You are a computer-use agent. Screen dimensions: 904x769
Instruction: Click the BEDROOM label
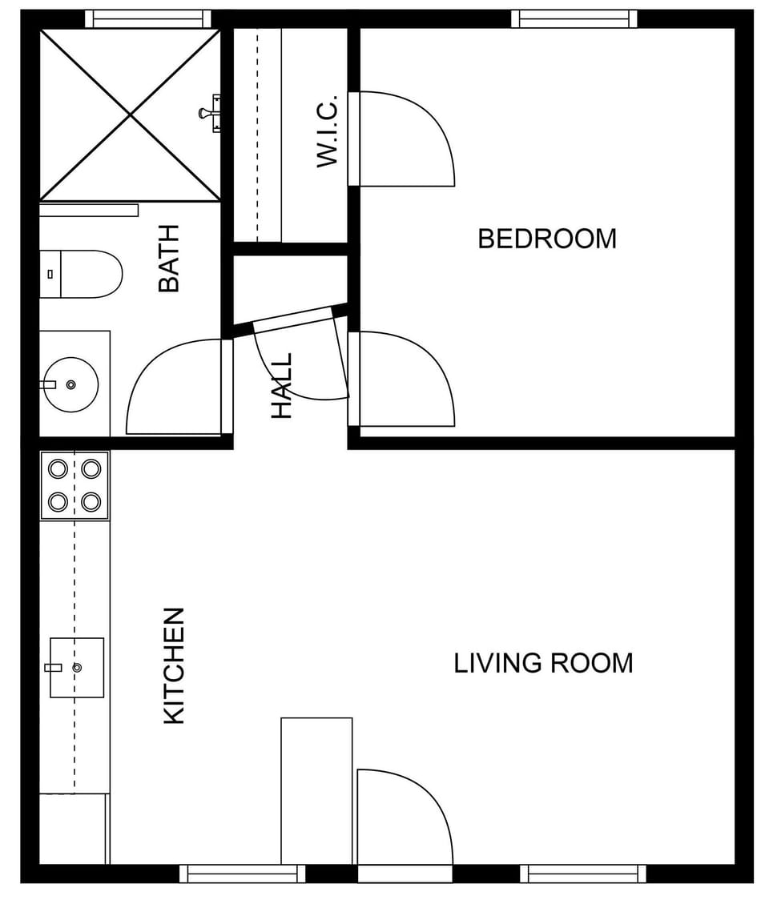pos(547,239)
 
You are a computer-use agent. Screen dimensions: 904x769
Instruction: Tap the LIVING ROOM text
pos(543,663)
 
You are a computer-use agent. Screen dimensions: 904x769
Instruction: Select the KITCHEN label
pos(174,666)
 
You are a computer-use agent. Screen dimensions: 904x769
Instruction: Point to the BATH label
pos(168,258)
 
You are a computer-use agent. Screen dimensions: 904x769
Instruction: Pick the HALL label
pos(282,386)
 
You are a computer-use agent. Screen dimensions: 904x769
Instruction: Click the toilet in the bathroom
pos(80,274)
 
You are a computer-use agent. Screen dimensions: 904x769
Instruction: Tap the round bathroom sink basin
pos(70,384)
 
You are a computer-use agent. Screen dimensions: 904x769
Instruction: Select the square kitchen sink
pos(77,667)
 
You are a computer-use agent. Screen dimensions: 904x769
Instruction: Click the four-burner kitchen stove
pos(74,485)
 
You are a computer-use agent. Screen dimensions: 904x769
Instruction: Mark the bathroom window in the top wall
pos(147,18)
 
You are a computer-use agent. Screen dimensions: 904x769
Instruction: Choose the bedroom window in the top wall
pos(574,18)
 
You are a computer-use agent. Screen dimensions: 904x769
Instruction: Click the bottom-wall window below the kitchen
pos(242,874)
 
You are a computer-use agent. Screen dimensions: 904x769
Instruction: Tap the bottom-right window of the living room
pos(583,874)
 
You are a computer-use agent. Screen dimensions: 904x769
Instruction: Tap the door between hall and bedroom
pos(405,378)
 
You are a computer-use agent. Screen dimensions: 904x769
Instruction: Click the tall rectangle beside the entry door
pos(316,790)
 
